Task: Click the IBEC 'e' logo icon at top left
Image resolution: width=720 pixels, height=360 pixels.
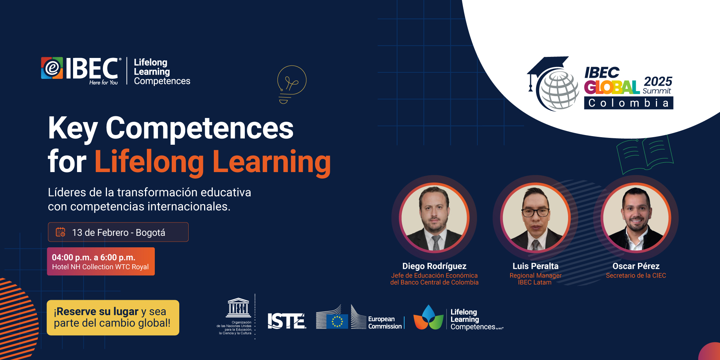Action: (x=52, y=68)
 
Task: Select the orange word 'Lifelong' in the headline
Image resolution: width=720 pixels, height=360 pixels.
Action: (x=149, y=162)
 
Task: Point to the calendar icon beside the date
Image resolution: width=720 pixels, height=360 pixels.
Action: (x=60, y=232)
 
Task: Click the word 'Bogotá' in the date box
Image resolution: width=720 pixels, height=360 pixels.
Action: (x=150, y=233)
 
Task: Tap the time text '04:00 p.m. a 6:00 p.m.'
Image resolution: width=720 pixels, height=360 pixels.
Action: (x=94, y=257)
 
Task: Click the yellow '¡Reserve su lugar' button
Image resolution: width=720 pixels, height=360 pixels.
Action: (x=113, y=318)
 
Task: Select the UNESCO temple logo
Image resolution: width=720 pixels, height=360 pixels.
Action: (x=238, y=307)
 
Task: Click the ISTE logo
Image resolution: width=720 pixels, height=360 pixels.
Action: (x=287, y=321)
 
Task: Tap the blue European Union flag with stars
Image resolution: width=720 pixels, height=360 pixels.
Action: (x=337, y=321)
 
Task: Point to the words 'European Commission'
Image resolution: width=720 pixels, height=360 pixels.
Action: (x=385, y=323)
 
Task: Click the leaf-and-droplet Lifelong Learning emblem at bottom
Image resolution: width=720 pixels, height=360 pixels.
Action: (x=428, y=318)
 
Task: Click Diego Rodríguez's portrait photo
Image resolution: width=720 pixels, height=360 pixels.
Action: (x=434, y=218)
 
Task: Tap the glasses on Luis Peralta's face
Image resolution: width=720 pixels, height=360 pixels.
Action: (x=536, y=212)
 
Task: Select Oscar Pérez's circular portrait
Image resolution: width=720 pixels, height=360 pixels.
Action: (x=636, y=218)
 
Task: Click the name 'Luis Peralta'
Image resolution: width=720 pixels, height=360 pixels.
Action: (x=535, y=266)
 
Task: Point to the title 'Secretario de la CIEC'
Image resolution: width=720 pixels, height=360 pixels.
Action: (x=636, y=275)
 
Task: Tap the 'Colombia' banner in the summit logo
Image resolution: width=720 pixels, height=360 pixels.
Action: (x=629, y=103)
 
